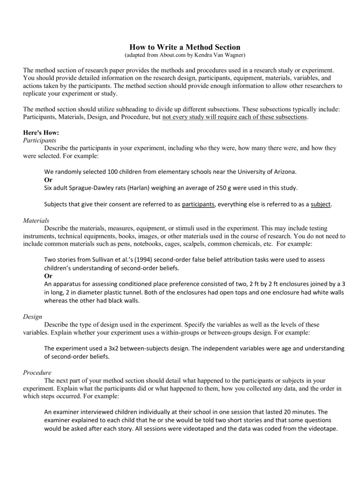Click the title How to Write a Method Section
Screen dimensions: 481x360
click(x=184, y=47)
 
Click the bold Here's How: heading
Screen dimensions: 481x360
click(x=41, y=133)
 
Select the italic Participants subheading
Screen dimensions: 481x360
click(x=39, y=140)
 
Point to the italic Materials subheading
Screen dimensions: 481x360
click(x=36, y=220)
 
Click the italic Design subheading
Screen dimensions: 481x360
click(x=33, y=317)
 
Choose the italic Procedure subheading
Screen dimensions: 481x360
click(x=38, y=372)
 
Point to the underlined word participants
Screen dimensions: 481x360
click(x=198, y=204)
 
